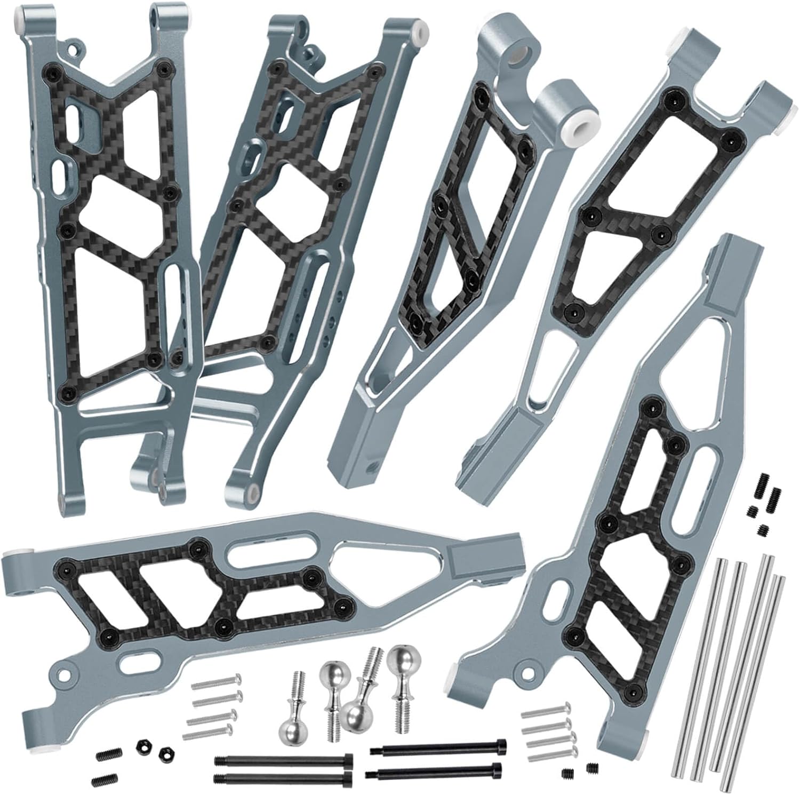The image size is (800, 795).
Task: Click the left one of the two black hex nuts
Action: (x=143, y=744)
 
